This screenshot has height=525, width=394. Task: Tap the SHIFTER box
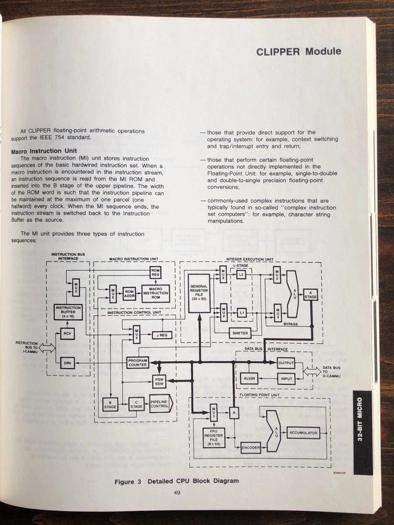[240, 333]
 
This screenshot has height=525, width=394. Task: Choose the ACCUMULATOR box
[303, 433]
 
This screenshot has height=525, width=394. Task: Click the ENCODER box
[251, 448]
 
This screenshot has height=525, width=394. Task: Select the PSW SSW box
[159, 382]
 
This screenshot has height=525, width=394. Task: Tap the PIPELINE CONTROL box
[159, 405]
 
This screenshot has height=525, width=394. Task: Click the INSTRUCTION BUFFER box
[68, 312]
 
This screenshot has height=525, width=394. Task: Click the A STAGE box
[310, 295]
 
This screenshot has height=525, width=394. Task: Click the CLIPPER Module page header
[298, 51]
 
